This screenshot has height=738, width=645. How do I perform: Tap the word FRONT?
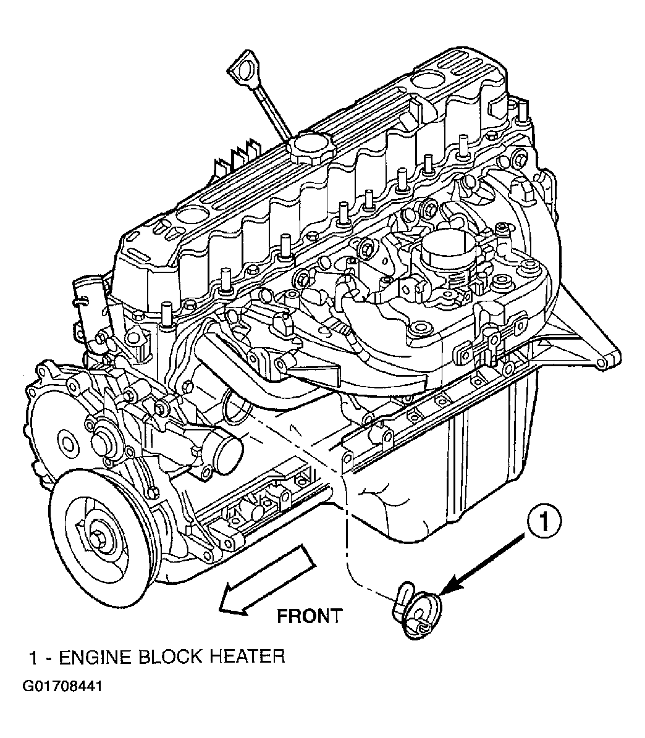[x=309, y=616]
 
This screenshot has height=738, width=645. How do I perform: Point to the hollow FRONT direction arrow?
[x=266, y=581]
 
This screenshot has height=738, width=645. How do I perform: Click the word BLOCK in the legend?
[x=171, y=656]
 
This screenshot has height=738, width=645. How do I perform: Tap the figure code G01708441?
[x=62, y=686]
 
